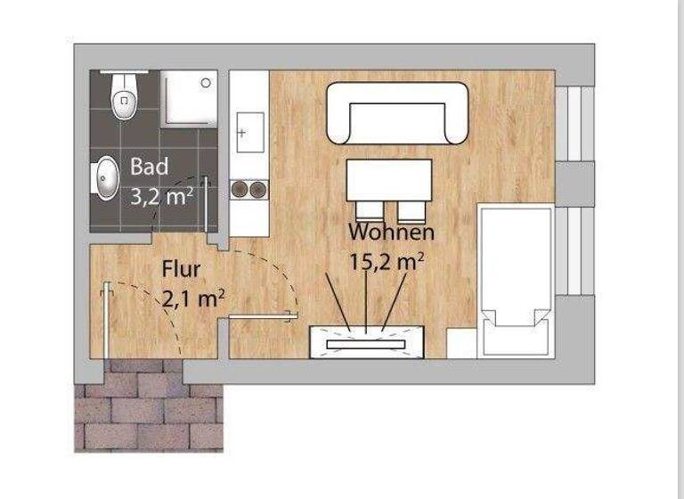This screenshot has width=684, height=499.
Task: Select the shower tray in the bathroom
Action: (x=189, y=99)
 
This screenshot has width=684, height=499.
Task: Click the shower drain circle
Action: (x=207, y=83)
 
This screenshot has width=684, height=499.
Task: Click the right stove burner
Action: (x=257, y=188)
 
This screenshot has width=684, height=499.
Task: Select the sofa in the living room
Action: (x=397, y=114)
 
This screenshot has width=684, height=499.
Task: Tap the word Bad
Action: (x=149, y=167)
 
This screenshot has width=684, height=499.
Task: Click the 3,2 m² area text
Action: (x=161, y=196)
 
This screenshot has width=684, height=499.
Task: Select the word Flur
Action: (x=181, y=269)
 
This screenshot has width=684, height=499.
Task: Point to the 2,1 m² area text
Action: (x=191, y=299)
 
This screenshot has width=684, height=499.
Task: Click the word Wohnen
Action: (x=392, y=233)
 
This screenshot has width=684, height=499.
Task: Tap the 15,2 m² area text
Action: (x=386, y=262)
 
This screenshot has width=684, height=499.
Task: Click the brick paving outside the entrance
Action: (x=147, y=410)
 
